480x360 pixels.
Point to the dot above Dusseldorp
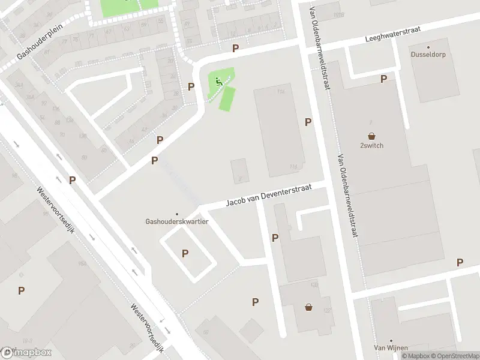point(428,47)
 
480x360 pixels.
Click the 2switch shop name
point(371,145)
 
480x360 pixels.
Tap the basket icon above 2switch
point(371,136)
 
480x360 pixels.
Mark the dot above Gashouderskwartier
point(176,214)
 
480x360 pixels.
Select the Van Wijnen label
point(391,348)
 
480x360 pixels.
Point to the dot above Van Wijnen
point(391,340)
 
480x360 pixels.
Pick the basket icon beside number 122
point(309,307)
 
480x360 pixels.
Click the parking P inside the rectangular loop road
point(185,253)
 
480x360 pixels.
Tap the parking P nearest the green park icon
point(191,86)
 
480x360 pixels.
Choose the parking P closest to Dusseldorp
point(383,79)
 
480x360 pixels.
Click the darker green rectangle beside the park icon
point(226,98)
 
